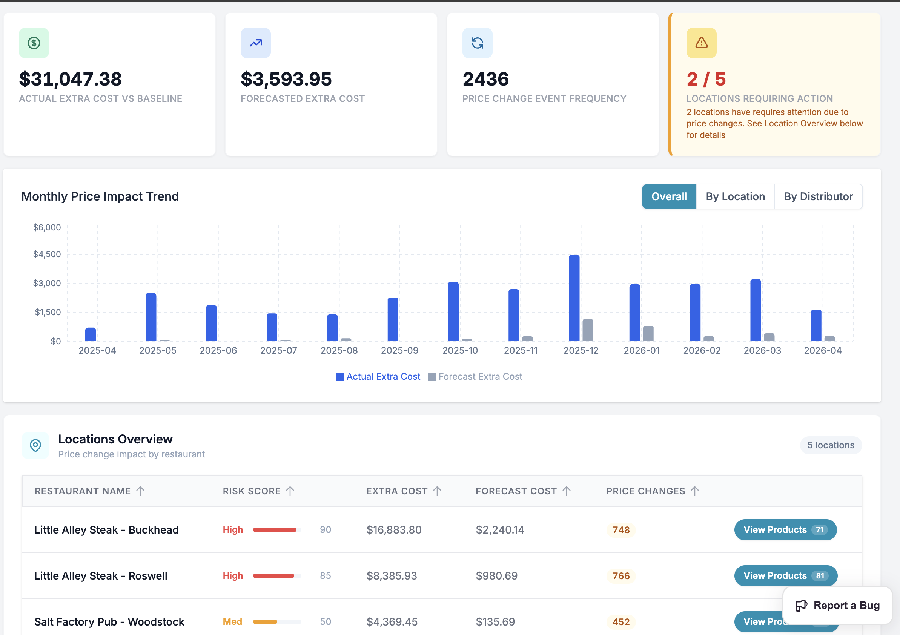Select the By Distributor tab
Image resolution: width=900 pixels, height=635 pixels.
(x=818, y=196)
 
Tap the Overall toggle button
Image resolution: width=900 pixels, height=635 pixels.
(x=669, y=196)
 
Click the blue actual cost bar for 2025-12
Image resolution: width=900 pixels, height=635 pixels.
(x=574, y=298)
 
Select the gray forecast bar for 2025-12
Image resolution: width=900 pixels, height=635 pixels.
(x=588, y=330)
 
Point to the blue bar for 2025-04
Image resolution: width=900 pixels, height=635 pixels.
(x=91, y=334)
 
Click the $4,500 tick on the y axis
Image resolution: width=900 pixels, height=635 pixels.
(x=47, y=254)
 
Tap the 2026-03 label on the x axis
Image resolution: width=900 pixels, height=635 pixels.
(x=762, y=350)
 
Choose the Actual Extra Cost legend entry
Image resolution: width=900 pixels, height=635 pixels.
(x=378, y=377)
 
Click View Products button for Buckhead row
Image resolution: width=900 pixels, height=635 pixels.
(x=785, y=529)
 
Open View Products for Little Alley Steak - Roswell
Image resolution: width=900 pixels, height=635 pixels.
(x=785, y=575)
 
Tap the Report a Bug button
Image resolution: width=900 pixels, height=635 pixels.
(x=837, y=605)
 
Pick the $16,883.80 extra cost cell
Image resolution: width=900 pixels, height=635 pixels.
(x=394, y=529)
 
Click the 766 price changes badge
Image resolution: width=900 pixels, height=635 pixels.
(x=621, y=575)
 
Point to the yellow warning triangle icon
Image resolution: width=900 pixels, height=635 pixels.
(x=701, y=43)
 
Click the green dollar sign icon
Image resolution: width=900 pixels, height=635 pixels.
(x=34, y=43)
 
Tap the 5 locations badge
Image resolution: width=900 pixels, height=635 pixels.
(x=830, y=445)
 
